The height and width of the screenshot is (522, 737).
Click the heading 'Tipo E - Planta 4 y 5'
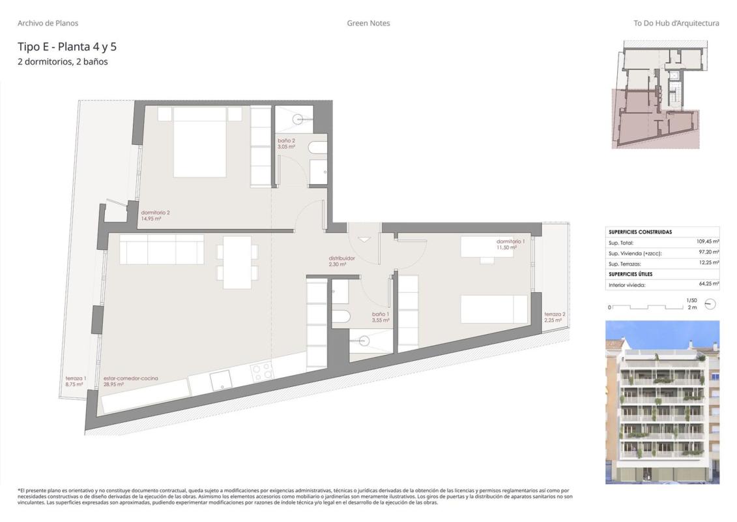[67, 46]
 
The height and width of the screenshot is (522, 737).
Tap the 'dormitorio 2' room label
[156, 212]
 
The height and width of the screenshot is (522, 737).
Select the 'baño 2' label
[286, 141]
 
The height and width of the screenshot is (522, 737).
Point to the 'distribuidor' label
[341, 258]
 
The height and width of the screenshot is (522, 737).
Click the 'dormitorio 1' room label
[510, 241]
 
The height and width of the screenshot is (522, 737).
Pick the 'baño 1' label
[381, 314]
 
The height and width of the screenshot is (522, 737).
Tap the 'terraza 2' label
[555, 315]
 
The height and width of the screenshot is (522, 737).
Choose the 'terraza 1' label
[76, 378]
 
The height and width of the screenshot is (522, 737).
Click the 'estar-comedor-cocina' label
[131, 378]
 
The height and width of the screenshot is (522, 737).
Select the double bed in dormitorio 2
[200, 142]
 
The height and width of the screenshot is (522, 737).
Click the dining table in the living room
[237, 262]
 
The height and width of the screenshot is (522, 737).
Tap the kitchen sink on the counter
[220, 380]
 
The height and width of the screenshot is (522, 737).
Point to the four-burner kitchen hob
[262, 371]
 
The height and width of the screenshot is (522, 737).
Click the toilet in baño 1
[340, 316]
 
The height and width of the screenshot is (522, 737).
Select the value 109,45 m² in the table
[708, 241]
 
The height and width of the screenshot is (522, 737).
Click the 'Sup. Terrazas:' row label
[625, 264]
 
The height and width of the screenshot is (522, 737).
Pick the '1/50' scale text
[691, 300]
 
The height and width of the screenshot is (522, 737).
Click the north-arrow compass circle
[710, 304]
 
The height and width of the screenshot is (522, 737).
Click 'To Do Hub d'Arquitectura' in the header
[676, 23]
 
